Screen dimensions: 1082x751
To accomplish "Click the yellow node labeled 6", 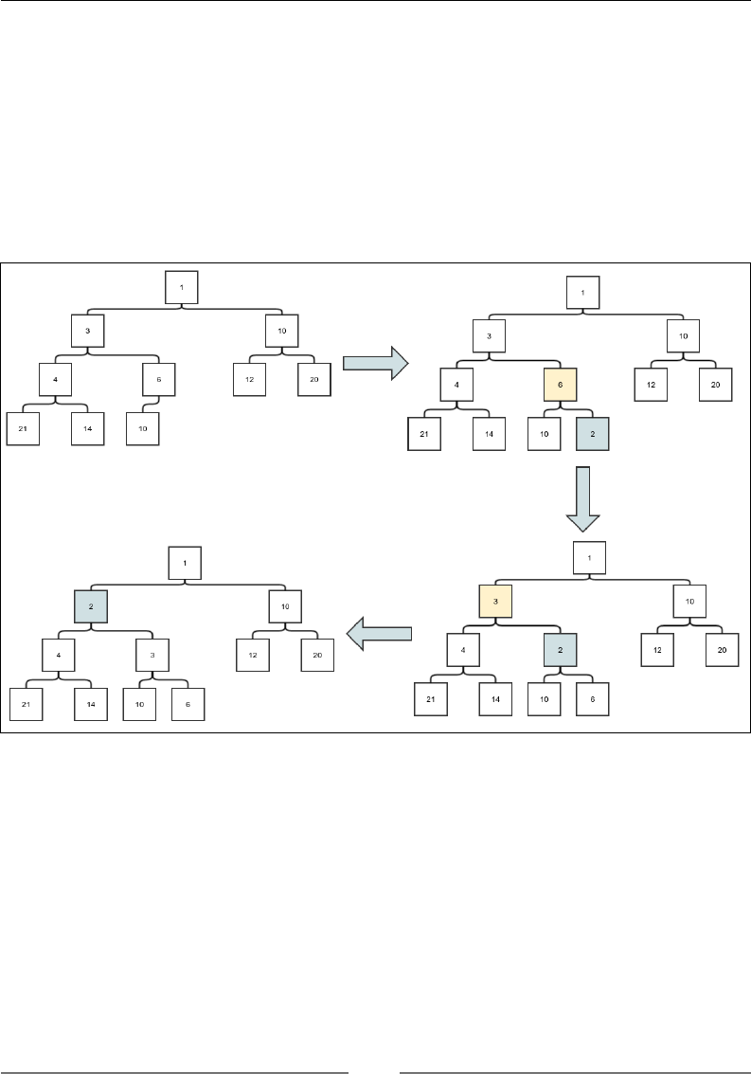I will click(560, 385).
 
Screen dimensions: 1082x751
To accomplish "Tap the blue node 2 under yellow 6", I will click(592, 434).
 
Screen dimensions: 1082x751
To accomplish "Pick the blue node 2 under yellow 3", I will click(560, 651).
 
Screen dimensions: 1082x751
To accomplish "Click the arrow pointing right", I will click(374, 363).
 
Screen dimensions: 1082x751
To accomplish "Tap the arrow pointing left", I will click(380, 633).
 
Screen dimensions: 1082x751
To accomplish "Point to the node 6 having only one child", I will click(159, 379).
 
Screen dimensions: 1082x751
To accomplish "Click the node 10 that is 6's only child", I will click(142, 428).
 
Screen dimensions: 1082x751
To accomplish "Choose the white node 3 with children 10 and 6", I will click(152, 655).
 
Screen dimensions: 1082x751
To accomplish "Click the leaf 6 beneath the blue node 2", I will click(592, 698).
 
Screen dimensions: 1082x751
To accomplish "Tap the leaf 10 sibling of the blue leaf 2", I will click(544, 434).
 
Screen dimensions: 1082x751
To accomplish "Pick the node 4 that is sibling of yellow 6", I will click(456, 385).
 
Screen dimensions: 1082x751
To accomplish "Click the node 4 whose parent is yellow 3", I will click(463, 651).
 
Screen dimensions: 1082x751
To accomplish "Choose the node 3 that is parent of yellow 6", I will click(489, 335).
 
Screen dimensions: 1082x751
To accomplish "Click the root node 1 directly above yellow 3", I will click(589, 556).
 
